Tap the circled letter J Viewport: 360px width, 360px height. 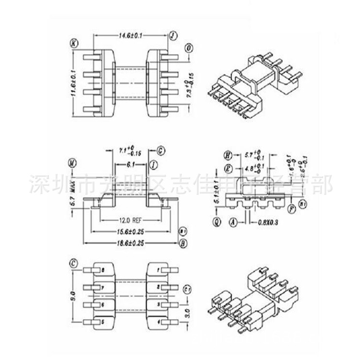[x=173, y=35]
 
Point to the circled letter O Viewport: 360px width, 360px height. [x=190, y=48]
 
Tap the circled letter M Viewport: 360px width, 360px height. [x=72, y=163]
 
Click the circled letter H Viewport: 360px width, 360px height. [x=228, y=155]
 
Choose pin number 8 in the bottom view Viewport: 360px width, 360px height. [x=102, y=270]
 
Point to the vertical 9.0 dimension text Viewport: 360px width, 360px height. [x=73, y=294]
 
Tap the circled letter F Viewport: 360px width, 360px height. [x=291, y=209]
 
